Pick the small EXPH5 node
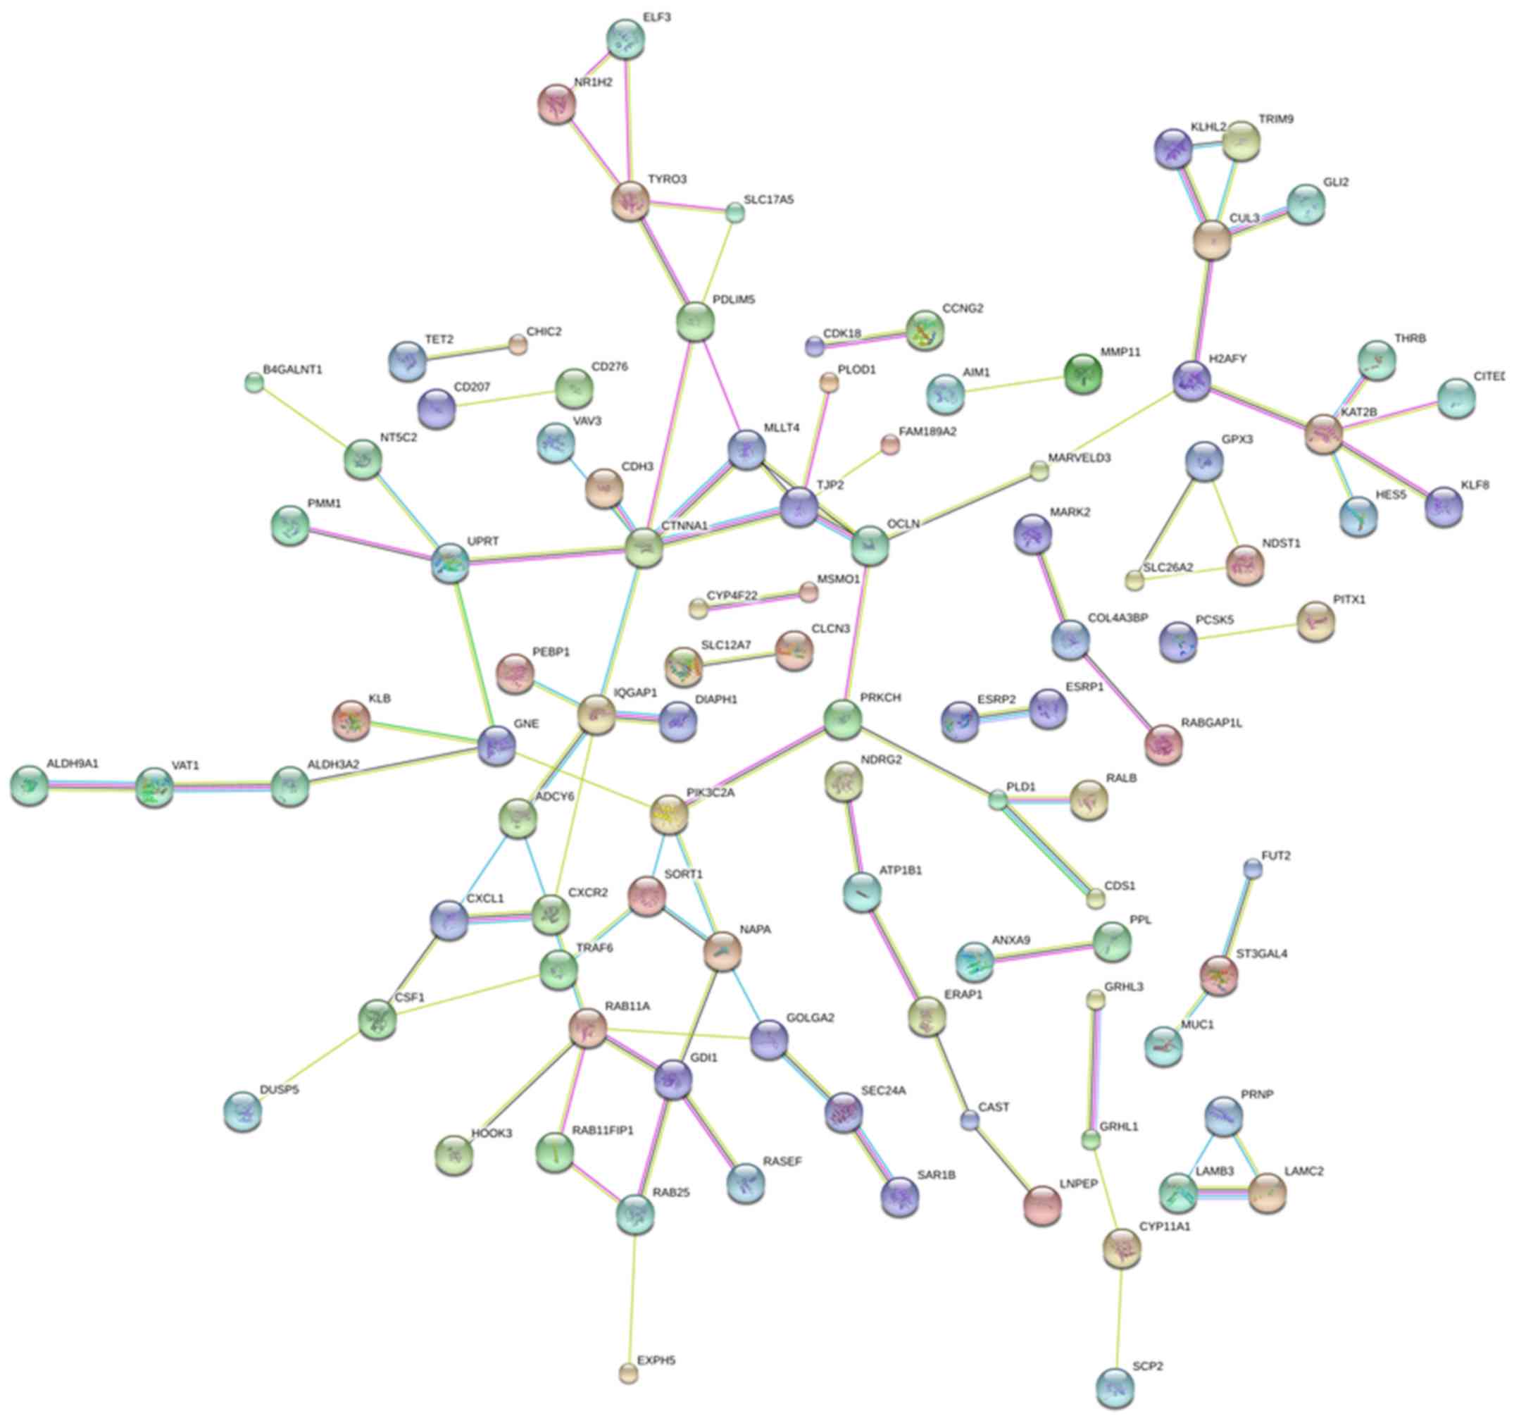(628, 1373)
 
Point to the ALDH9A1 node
(30, 786)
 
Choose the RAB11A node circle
(588, 1028)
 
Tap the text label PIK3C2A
(711, 793)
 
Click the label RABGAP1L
(1212, 723)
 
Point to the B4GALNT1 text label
(293, 371)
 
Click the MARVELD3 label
(1079, 458)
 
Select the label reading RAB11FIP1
(602, 1131)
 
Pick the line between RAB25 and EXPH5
(632, 1296)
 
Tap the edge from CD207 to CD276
(506, 400)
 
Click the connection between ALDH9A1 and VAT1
(92, 786)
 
